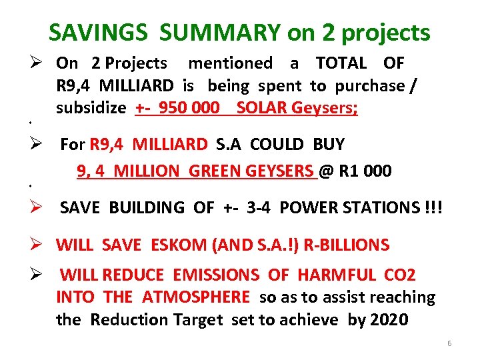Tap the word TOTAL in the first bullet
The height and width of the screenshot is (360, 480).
pyautogui.click(x=341, y=63)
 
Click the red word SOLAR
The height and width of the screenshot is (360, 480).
pyautogui.click(x=261, y=109)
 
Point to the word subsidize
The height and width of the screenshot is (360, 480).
pyautogui.click(x=93, y=109)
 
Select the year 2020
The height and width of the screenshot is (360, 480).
pyautogui.click(x=389, y=319)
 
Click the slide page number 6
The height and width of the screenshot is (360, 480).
pyautogui.click(x=449, y=343)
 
